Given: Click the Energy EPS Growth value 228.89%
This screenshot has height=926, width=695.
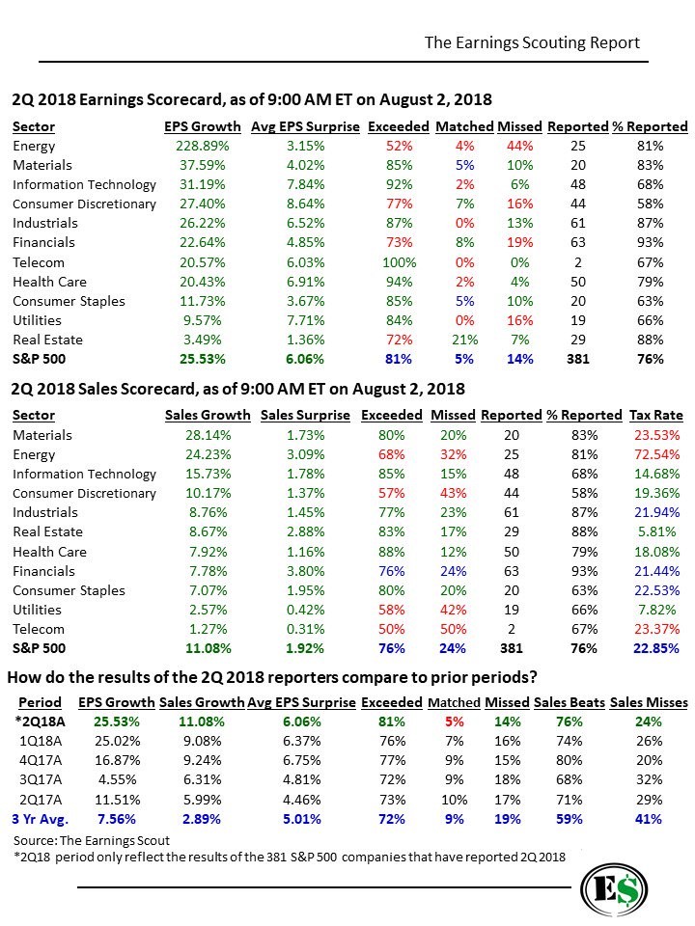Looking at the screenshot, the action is click(x=202, y=146).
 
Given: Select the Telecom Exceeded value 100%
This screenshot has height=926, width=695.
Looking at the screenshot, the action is click(x=400, y=262).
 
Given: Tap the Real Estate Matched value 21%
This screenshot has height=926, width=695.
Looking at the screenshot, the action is click(x=465, y=340).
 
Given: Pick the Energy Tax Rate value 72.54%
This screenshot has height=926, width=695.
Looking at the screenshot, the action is click(x=656, y=454).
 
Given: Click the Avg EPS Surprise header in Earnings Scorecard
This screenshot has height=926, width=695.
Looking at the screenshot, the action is click(x=305, y=127).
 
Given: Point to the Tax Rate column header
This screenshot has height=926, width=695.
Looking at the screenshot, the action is click(x=656, y=415).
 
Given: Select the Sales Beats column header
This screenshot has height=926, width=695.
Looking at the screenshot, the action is click(x=570, y=703).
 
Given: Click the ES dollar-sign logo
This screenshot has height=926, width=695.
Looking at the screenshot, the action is click(x=614, y=890).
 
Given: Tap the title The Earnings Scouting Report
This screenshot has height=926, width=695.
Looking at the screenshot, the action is click(x=532, y=43).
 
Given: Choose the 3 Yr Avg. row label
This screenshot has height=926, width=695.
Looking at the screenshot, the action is click(x=41, y=819).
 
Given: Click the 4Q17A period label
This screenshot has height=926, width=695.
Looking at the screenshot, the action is click(x=41, y=761).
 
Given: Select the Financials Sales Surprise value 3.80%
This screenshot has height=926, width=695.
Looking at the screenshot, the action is click(x=305, y=571).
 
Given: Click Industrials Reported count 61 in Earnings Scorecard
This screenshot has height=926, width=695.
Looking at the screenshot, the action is click(x=578, y=223).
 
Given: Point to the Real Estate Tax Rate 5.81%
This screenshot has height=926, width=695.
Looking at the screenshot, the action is click(x=656, y=531).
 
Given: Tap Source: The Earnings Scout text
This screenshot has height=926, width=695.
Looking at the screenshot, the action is click(x=92, y=840).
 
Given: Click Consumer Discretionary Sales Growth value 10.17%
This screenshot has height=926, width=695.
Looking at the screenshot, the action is click(x=208, y=493).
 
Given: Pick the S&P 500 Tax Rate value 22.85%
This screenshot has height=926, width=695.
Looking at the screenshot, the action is click(x=656, y=648).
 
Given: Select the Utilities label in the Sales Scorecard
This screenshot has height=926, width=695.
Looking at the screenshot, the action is click(x=38, y=610).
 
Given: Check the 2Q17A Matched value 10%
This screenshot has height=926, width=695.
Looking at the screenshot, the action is click(x=454, y=801).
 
